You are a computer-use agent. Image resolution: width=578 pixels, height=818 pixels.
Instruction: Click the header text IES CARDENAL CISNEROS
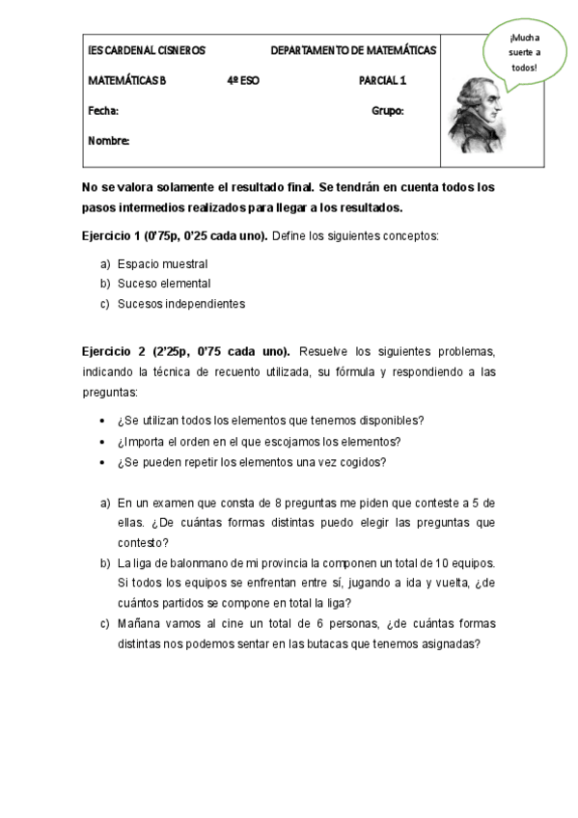(x=146, y=50)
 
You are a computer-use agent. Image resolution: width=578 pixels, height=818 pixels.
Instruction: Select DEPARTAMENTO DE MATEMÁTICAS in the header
(x=353, y=50)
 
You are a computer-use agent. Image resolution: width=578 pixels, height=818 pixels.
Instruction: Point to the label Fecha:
(x=103, y=111)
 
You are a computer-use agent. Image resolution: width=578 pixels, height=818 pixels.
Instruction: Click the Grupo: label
(x=387, y=111)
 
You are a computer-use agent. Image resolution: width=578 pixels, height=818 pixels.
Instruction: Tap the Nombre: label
(x=109, y=141)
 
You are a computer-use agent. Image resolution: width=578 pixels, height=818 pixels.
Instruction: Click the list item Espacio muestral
(x=162, y=263)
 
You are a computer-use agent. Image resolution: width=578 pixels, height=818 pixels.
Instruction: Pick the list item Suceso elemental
(x=164, y=284)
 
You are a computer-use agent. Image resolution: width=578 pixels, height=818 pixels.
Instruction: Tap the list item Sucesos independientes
(x=181, y=304)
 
